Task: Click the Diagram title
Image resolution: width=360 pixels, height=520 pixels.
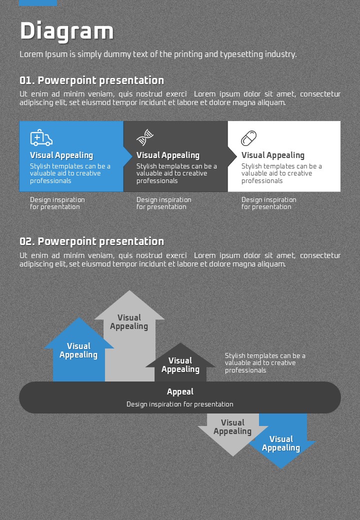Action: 66,31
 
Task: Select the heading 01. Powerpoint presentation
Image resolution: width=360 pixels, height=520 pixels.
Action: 91,80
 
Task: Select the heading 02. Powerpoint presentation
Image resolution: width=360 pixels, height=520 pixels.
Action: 91,241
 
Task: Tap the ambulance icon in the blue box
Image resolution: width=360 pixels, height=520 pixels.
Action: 41,137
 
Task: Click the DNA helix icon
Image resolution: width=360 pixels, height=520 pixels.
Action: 145,136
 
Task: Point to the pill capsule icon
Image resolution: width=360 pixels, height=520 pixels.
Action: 248,137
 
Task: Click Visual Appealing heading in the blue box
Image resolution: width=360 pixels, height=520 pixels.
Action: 61,155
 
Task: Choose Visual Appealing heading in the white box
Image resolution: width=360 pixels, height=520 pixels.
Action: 272,155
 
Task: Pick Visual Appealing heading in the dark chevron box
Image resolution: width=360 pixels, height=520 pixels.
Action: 167,155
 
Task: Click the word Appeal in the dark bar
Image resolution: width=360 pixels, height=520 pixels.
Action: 180,392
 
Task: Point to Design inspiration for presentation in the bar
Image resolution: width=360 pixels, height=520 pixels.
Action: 180,404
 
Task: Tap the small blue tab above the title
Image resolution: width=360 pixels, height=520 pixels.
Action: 38,3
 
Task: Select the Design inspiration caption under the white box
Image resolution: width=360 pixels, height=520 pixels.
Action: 268,203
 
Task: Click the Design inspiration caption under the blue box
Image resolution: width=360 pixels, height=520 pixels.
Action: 57,203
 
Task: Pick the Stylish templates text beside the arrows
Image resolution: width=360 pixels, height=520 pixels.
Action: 265,363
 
